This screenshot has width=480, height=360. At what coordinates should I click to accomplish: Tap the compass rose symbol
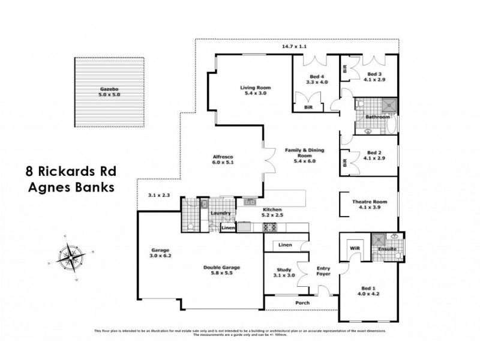[x=71, y=256]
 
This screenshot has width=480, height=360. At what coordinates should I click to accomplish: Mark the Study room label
[x=284, y=270]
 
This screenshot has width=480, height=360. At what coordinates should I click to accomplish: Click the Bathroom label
[x=378, y=116]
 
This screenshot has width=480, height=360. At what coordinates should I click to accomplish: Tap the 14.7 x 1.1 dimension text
[x=295, y=46]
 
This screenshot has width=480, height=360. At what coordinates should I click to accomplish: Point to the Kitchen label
[x=272, y=209]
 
